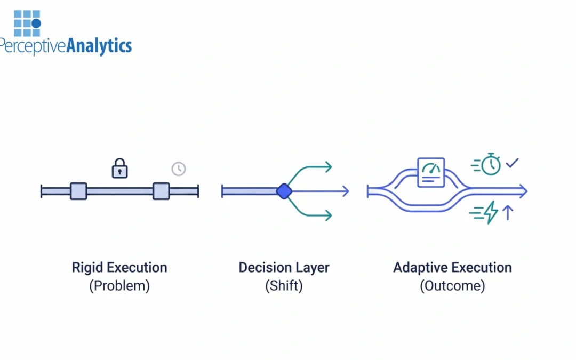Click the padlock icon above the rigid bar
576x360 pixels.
point(119,168)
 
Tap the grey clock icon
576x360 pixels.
point(178,169)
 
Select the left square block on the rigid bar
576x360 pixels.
point(78,191)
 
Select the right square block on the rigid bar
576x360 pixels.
point(161,191)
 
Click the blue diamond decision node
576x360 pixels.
point(284,191)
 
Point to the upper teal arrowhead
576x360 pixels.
point(328,167)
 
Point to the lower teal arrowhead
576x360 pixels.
point(328,215)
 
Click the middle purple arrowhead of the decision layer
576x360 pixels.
point(345,191)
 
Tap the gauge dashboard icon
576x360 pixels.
point(431,172)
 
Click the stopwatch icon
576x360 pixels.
point(491,164)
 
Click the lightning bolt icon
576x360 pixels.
point(491,212)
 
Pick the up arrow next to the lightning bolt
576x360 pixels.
point(508,212)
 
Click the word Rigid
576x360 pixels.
point(87,267)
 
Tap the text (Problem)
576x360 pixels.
point(119,285)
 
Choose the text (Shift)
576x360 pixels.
point(284,285)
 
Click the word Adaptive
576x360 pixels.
point(421,267)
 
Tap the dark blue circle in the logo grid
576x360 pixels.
point(36,23)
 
